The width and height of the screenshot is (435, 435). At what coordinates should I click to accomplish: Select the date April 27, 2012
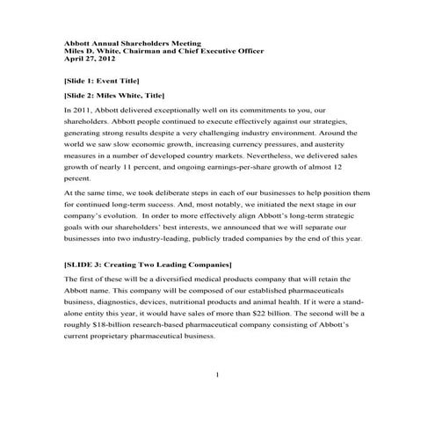point(91,59)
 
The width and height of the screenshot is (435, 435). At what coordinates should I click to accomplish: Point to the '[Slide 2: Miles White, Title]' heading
point(114,94)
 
